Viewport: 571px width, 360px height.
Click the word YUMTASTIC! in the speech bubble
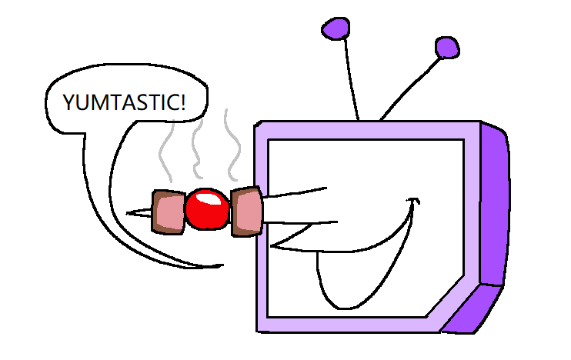[x=124, y=102]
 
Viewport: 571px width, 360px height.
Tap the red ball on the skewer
[x=208, y=209]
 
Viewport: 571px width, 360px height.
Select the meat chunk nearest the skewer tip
[x=169, y=212]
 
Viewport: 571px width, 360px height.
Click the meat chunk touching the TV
[x=246, y=212]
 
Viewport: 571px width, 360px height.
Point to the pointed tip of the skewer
[x=127, y=213]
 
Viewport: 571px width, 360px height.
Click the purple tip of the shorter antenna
[x=447, y=48]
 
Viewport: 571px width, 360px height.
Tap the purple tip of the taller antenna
[x=336, y=28]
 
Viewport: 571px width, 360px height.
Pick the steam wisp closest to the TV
[x=232, y=145]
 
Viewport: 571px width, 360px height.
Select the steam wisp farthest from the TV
[x=166, y=152]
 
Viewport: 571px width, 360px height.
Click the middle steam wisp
[x=198, y=149]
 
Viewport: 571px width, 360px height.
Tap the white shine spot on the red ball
[x=207, y=199]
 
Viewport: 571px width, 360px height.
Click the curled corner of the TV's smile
[x=413, y=201]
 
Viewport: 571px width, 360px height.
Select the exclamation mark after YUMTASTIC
[x=183, y=102]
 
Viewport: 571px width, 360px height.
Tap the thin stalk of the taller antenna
[x=352, y=79]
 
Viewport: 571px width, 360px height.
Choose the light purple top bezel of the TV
[x=368, y=130]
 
